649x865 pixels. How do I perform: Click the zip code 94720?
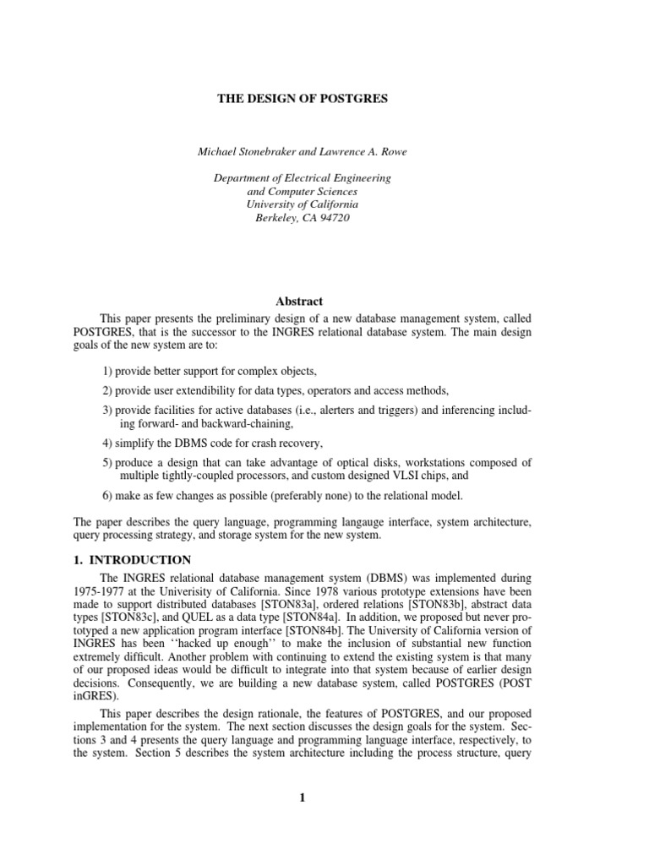pyautogui.click(x=332, y=218)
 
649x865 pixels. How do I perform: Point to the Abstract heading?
pyautogui.click(x=300, y=302)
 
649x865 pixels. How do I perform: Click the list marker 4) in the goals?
pyautogui.click(x=106, y=443)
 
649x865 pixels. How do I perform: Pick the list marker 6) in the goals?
pyautogui.click(x=106, y=496)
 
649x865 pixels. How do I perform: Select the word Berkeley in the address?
pyautogui.click(x=277, y=218)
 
